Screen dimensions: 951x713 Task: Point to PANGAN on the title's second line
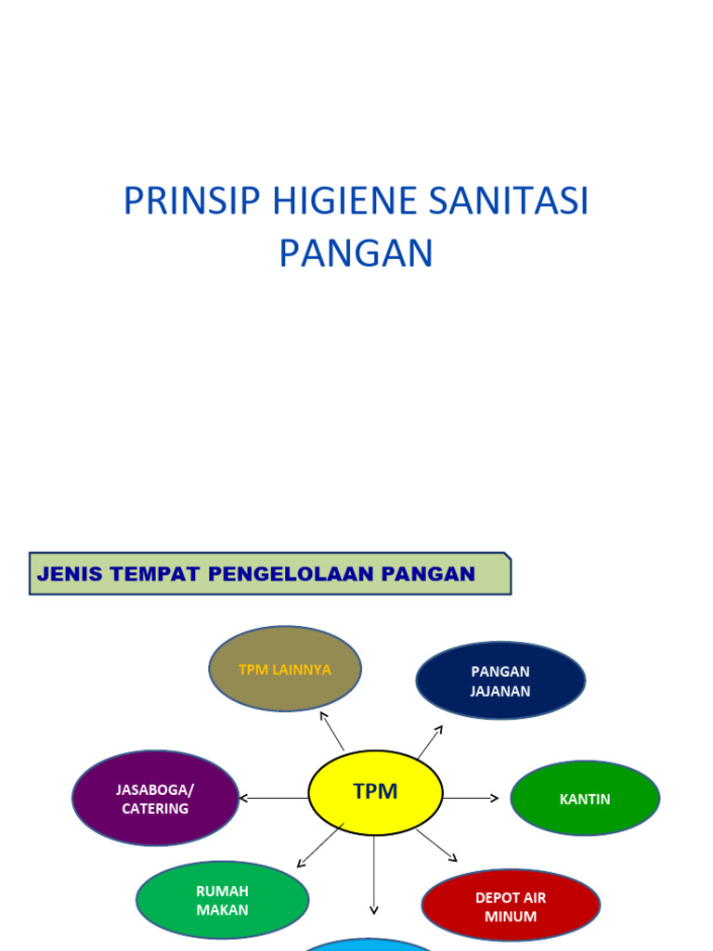(x=356, y=254)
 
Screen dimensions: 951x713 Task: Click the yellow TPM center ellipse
(x=375, y=792)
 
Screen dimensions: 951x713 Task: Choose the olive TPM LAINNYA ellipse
(x=285, y=670)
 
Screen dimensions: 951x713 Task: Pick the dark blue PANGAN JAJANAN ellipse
(x=500, y=681)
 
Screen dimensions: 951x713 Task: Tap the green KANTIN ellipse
(x=585, y=799)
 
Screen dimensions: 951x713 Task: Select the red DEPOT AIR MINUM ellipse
(x=511, y=906)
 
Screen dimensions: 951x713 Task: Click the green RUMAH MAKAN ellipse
(x=222, y=900)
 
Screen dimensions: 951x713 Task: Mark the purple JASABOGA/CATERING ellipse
(x=155, y=799)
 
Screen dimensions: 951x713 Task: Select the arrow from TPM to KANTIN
(x=472, y=798)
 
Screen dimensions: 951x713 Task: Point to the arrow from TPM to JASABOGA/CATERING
(x=273, y=798)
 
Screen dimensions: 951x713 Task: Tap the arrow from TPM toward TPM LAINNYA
(x=331, y=731)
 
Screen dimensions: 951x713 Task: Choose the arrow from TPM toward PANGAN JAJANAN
(x=429, y=743)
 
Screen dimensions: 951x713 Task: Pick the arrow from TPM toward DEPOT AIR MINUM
(x=435, y=844)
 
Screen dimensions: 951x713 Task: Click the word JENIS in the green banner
(x=70, y=574)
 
